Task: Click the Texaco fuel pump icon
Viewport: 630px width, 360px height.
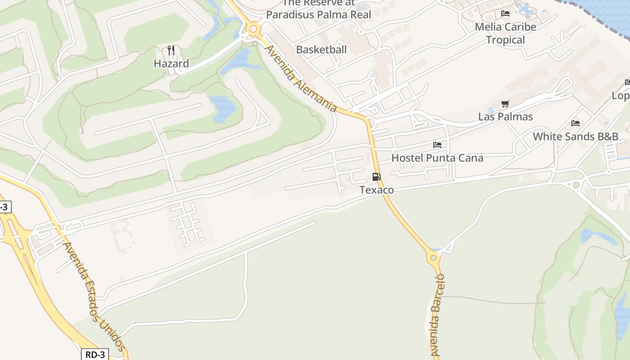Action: tap(376, 177)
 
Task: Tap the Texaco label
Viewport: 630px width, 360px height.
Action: tap(377, 190)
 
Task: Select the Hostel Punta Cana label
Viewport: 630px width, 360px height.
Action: tap(437, 158)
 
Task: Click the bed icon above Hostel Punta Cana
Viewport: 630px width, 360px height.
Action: tap(437, 145)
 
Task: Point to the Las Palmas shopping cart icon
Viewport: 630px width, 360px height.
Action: tap(505, 104)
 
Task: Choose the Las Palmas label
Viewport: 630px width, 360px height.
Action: tap(505, 117)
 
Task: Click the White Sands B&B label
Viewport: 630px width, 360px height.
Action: tap(576, 136)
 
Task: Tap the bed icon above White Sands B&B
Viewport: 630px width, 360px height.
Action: tap(575, 123)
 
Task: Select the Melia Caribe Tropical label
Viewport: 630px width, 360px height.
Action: tap(505, 33)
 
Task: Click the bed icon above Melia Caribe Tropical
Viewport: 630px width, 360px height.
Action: tap(505, 13)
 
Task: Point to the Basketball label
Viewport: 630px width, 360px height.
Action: tap(321, 49)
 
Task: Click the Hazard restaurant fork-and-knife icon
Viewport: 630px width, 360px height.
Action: tap(171, 50)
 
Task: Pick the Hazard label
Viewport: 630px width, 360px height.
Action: tap(171, 63)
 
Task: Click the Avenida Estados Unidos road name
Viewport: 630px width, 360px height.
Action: tap(94, 297)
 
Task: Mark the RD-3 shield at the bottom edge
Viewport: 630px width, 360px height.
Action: tap(95, 355)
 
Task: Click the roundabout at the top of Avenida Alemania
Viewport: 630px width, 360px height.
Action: tap(253, 30)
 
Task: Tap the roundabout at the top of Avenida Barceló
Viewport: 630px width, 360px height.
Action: tap(433, 258)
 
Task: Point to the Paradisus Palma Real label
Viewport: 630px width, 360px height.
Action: tap(319, 14)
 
